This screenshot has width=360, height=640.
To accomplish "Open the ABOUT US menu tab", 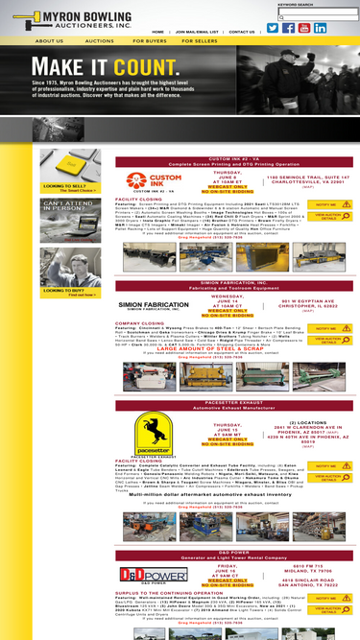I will [x=49, y=42].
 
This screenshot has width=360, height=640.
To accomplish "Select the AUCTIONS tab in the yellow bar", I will [x=99, y=42].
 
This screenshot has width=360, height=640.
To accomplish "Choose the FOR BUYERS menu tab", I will [x=149, y=42].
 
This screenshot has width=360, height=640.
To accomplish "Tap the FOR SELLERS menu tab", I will [x=199, y=42].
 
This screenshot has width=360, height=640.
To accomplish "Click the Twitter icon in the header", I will [x=273, y=28].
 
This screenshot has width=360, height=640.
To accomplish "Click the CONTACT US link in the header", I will [x=242, y=32].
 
